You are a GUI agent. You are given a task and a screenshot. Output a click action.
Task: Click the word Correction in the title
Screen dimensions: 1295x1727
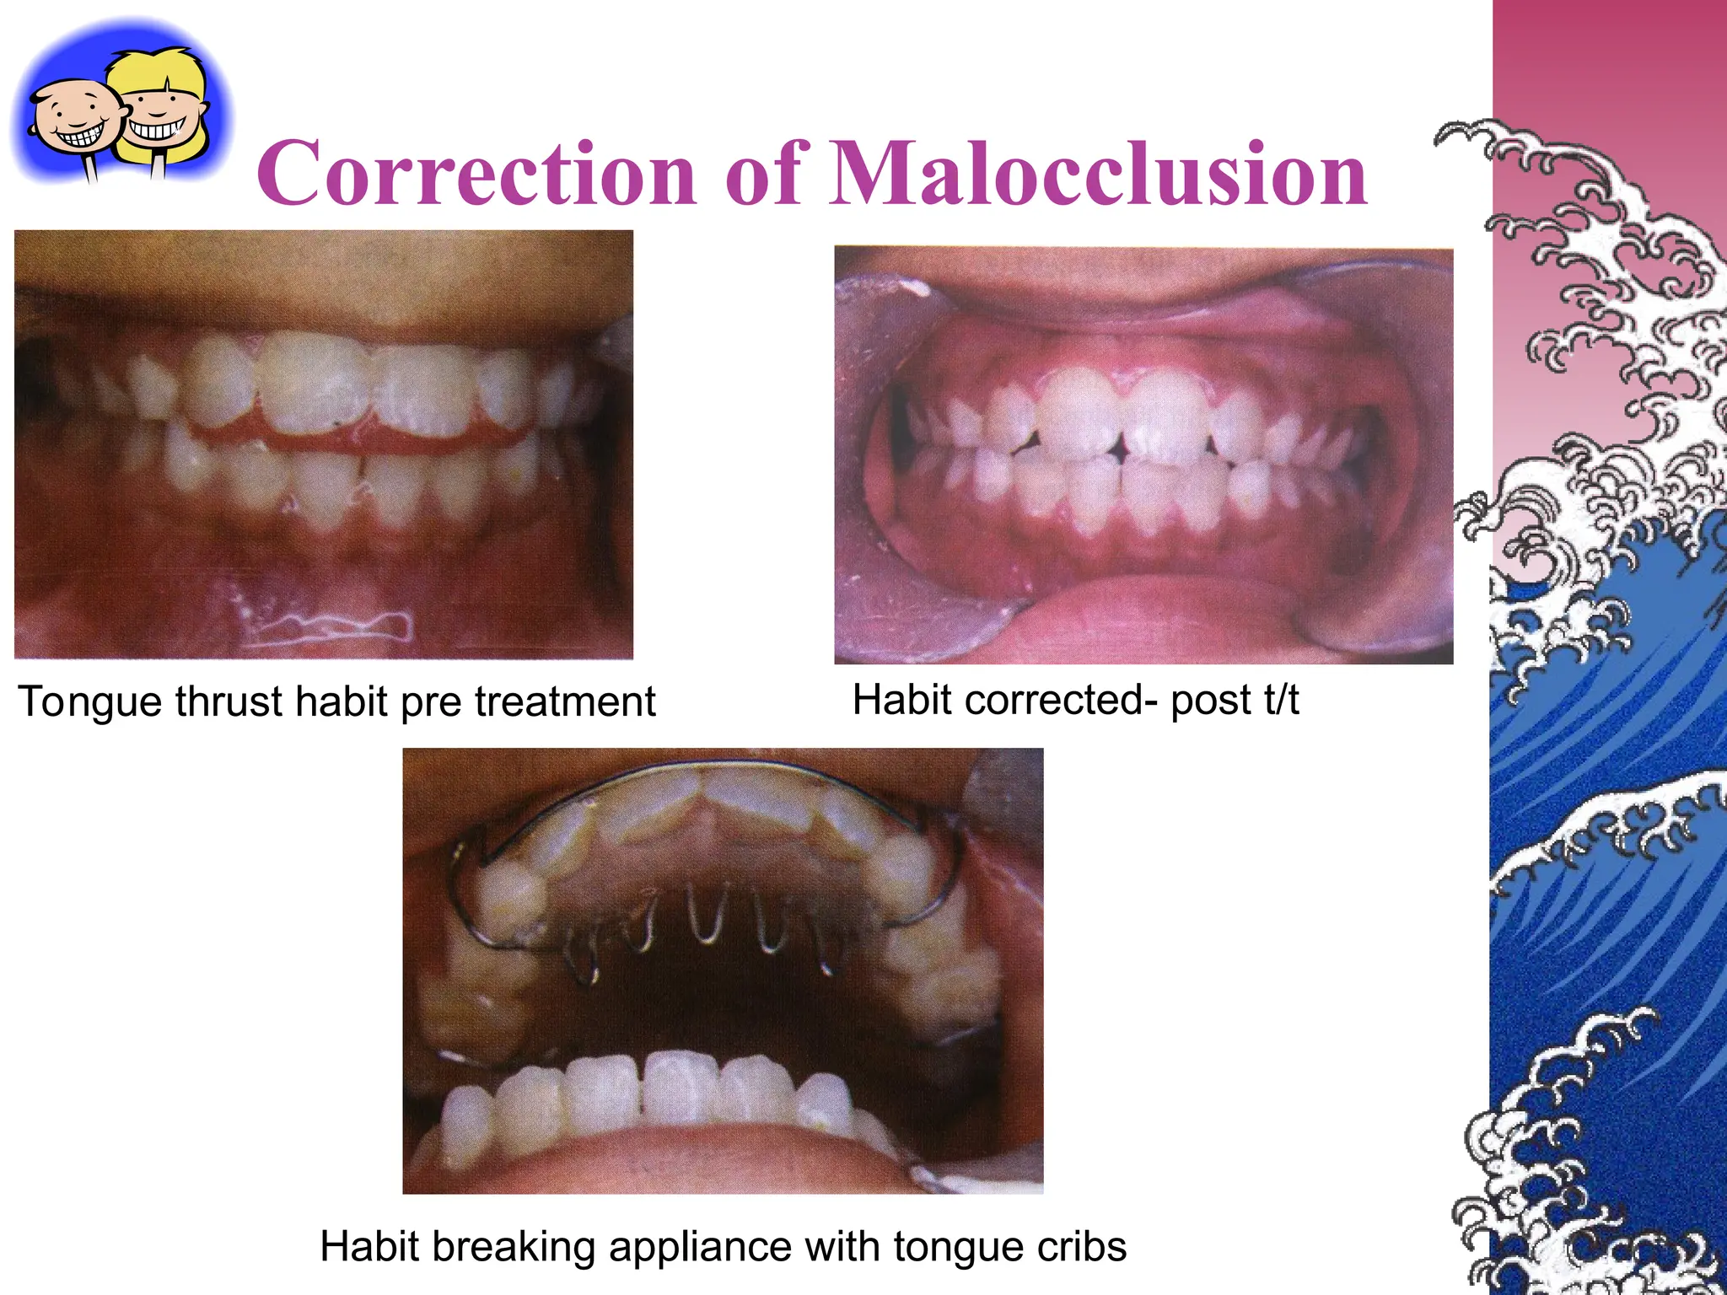pos(477,174)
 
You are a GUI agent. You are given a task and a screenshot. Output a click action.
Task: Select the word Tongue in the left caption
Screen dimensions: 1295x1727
pos(90,702)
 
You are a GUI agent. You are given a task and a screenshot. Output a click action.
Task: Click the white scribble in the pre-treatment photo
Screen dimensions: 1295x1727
pos(337,625)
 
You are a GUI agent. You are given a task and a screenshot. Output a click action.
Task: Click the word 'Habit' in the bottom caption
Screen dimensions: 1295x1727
pos(369,1246)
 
